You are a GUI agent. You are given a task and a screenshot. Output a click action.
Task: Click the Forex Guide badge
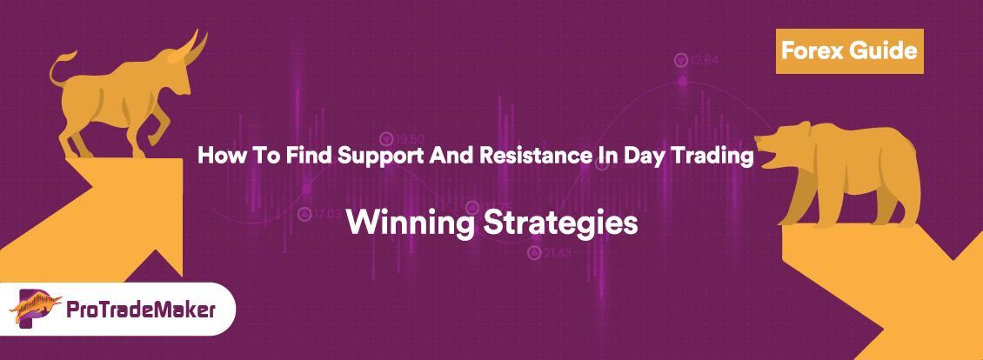[847, 50]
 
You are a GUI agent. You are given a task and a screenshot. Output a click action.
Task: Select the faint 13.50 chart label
[410, 138]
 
